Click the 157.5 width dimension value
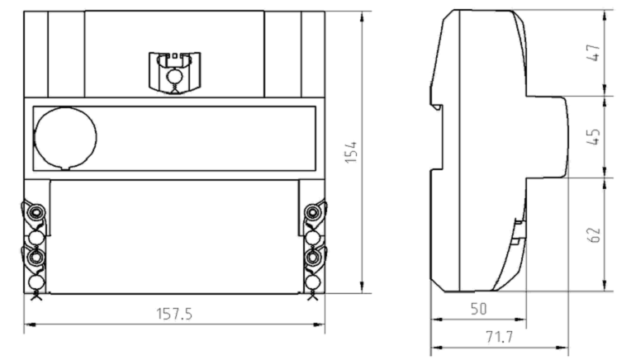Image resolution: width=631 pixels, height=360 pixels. click(x=174, y=314)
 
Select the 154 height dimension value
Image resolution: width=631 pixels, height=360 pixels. click(x=351, y=152)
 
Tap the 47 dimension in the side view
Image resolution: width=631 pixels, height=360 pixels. click(x=594, y=53)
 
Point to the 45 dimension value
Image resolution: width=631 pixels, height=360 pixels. click(x=594, y=137)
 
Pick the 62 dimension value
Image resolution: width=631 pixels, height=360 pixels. click(x=594, y=234)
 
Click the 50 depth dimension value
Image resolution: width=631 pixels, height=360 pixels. click(x=479, y=309)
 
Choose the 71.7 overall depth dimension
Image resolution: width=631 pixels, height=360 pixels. click(x=500, y=337)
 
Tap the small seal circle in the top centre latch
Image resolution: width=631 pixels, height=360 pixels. click(x=174, y=76)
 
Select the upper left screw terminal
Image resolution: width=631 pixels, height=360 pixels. click(x=36, y=212)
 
